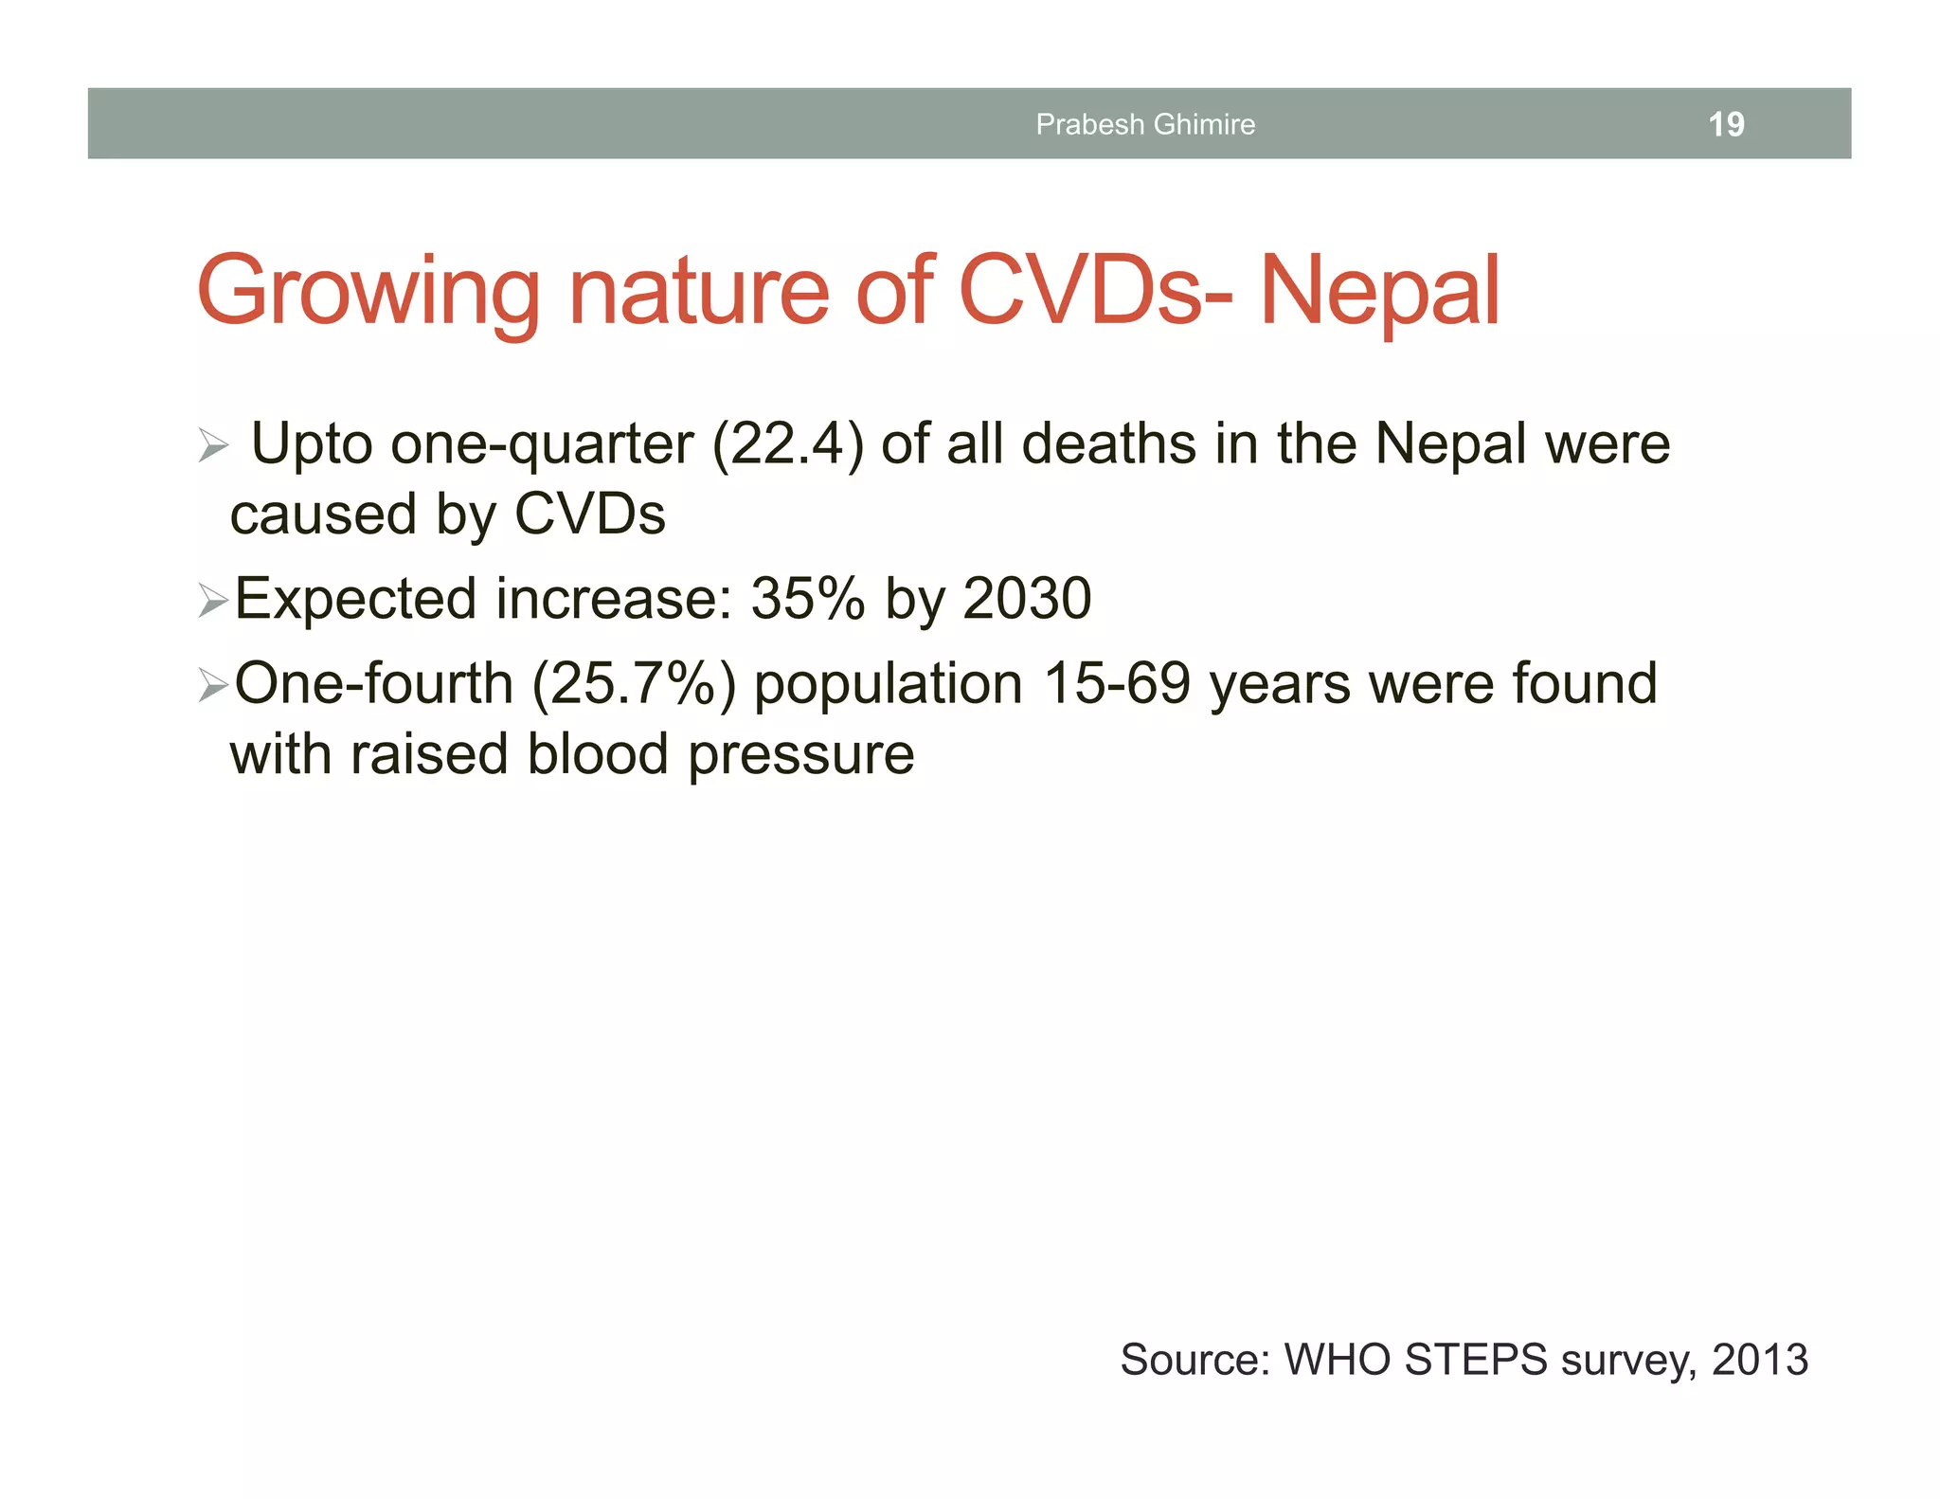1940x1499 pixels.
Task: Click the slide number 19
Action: click(x=1726, y=124)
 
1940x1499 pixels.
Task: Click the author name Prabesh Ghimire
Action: click(x=1145, y=124)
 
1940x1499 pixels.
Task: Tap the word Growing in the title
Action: click(x=368, y=292)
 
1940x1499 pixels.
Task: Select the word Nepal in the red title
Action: click(x=1380, y=292)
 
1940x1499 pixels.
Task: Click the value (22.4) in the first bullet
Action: click(x=787, y=443)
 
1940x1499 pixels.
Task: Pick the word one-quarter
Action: click(x=542, y=445)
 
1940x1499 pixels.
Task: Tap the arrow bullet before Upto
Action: click(x=213, y=445)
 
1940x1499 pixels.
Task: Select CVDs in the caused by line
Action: click(x=589, y=515)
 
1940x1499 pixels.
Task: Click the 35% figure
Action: click(x=807, y=599)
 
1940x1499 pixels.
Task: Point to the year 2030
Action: click(x=1027, y=599)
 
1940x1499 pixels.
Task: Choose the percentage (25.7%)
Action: click(x=634, y=684)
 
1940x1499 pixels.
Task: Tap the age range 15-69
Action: click(x=1116, y=683)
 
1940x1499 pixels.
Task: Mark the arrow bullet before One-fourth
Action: click(x=213, y=685)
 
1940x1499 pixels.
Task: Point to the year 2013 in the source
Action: click(x=1760, y=1360)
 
